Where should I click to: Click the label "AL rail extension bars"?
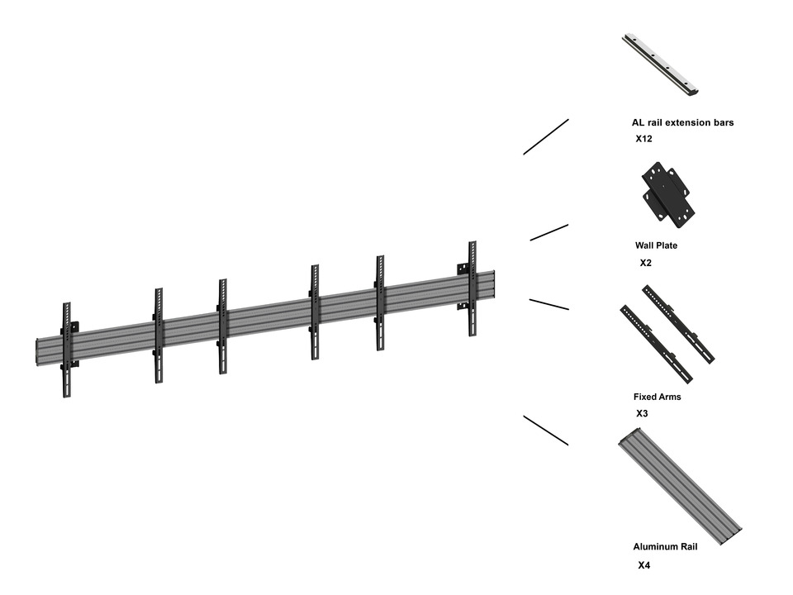[x=682, y=123]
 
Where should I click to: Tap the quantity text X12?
[x=644, y=139]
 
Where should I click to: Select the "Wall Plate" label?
[x=656, y=245]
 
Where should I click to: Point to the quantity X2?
[x=646, y=263]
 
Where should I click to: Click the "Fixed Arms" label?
[x=658, y=397]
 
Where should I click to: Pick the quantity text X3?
[x=642, y=413]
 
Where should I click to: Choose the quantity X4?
[x=644, y=566]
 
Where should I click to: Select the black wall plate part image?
[x=667, y=194]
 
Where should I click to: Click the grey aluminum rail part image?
[x=679, y=486]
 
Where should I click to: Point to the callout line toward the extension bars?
[x=546, y=136]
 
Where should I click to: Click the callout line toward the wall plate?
[x=549, y=232]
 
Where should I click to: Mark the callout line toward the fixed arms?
[x=549, y=305]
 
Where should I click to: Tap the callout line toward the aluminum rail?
[x=546, y=431]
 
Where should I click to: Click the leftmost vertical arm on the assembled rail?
[x=66, y=349]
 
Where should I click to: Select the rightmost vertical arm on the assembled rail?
[x=472, y=288]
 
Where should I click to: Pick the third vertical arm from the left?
[x=223, y=326]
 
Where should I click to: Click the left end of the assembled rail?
[x=40, y=350]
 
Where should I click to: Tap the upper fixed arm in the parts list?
[x=679, y=323]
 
